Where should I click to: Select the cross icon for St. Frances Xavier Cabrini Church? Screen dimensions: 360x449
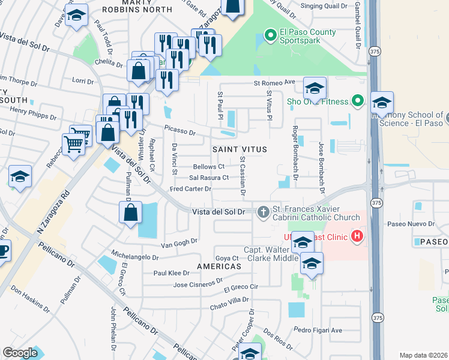pyautogui.click(x=263, y=212)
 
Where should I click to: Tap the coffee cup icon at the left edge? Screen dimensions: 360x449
pyautogui.click(x=2, y=250)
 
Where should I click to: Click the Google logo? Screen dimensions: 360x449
pyautogui.click(x=20, y=353)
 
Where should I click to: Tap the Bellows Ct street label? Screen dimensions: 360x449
pyautogui.click(x=208, y=167)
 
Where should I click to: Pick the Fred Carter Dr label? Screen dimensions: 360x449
pyautogui.click(x=190, y=189)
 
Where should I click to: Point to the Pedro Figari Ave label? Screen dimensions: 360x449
pyautogui.click(x=318, y=330)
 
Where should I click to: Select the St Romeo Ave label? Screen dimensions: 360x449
pyautogui.click(x=274, y=82)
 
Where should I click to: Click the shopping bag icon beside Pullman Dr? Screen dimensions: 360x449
pyautogui.click(x=130, y=212)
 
